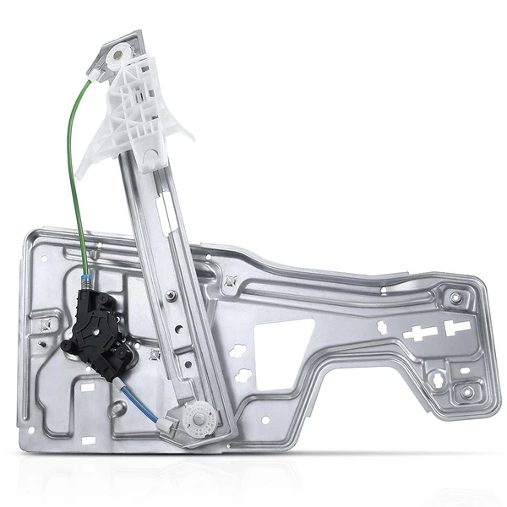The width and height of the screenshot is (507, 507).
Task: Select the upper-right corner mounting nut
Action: (456, 298)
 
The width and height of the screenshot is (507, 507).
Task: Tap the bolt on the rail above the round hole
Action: (172, 295)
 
